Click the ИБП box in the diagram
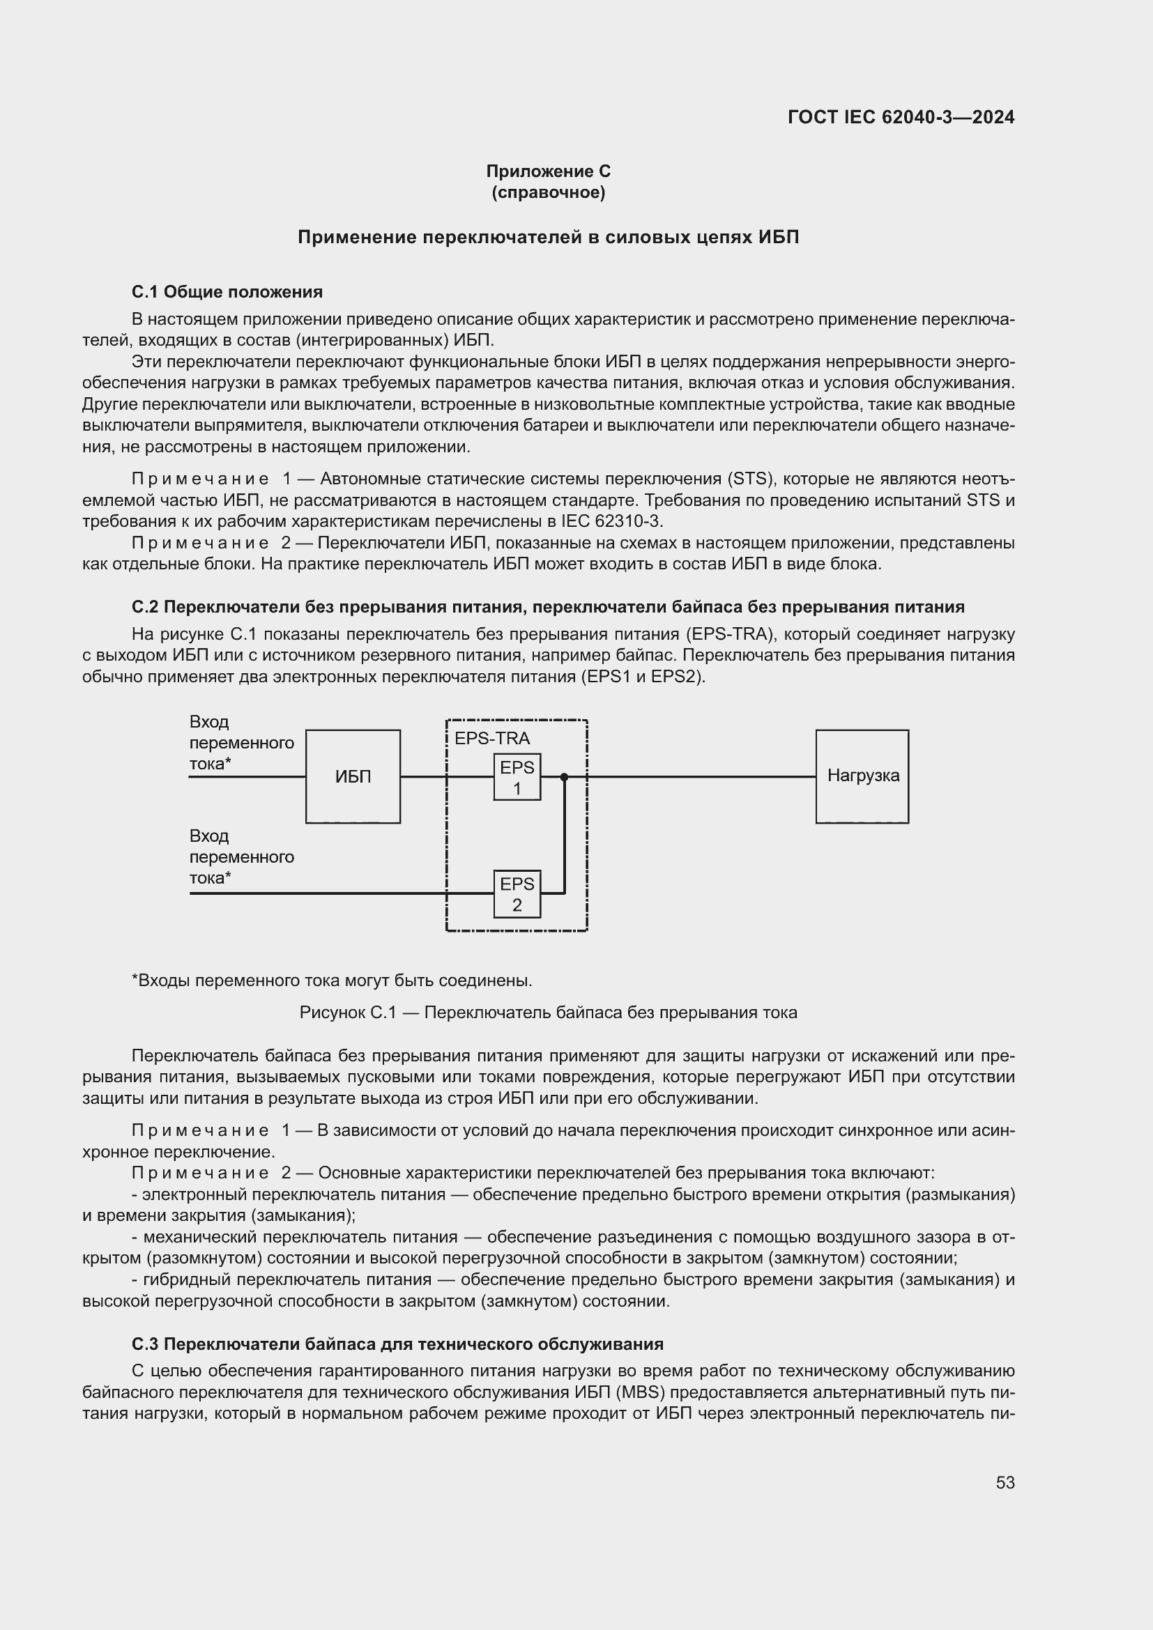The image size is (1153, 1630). (353, 776)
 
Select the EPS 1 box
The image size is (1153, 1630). (517, 776)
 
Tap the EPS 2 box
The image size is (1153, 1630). (517, 894)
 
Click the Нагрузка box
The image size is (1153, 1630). (862, 776)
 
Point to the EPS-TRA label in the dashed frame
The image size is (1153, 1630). (492, 738)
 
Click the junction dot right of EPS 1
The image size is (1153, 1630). (565, 776)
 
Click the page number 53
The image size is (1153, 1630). (1005, 1482)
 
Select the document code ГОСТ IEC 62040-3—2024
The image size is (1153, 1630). (901, 117)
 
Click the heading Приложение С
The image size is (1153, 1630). (548, 171)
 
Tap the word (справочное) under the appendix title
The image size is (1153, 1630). (548, 192)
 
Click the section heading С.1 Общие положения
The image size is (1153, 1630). (227, 292)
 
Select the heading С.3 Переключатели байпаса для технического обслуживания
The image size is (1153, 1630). (397, 1344)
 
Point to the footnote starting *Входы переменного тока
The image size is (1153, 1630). (333, 981)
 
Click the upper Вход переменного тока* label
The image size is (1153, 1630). (240, 743)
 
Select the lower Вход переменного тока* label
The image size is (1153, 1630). (240, 857)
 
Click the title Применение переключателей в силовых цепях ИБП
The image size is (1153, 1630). (548, 237)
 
